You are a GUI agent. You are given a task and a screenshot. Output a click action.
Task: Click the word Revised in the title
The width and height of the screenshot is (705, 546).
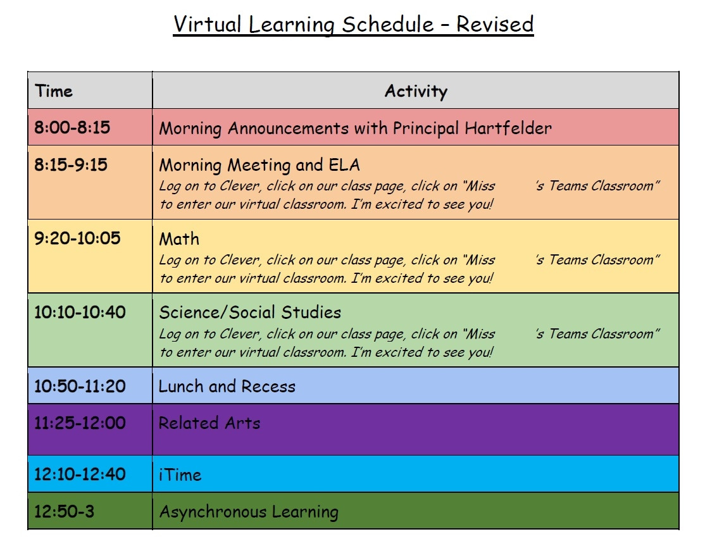[495, 24]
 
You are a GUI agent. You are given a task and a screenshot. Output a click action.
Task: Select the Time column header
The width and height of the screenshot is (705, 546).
[54, 90]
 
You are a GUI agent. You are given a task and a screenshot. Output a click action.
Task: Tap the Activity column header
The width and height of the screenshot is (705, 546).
[416, 91]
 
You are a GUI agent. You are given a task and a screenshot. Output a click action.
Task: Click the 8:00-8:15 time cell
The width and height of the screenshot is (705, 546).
[72, 127]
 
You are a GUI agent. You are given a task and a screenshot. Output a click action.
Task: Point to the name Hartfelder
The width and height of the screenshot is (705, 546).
[508, 128]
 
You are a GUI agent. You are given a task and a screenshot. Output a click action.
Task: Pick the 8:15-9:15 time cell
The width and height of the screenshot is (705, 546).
[71, 164]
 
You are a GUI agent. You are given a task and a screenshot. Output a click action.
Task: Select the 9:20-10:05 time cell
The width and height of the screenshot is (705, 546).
[77, 238]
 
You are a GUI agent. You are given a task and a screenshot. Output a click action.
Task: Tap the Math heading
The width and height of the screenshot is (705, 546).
[179, 239]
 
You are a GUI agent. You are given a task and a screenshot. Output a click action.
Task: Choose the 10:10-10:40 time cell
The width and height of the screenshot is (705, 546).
[80, 312]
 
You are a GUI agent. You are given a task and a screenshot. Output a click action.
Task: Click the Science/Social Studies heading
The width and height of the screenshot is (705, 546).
[250, 313]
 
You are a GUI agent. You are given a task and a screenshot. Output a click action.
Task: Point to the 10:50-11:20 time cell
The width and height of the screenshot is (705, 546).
[80, 386]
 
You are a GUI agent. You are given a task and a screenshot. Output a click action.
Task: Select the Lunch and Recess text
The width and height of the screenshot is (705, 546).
[227, 387]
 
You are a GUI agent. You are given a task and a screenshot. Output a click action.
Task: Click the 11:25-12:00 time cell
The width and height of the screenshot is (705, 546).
[80, 423]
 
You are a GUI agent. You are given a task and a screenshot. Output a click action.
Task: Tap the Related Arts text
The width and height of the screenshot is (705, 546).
[209, 423]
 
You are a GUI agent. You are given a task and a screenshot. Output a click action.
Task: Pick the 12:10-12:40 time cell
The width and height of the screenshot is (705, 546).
[80, 474]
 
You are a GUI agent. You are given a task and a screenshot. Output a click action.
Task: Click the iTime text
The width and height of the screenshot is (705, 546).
[180, 475]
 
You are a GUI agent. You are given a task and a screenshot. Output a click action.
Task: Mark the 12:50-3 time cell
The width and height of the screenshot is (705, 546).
[65, 511]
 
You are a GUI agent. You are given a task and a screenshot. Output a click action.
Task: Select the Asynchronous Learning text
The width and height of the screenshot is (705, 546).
[249, 512]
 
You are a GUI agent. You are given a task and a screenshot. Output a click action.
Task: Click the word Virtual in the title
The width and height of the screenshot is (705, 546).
[208, 24]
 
